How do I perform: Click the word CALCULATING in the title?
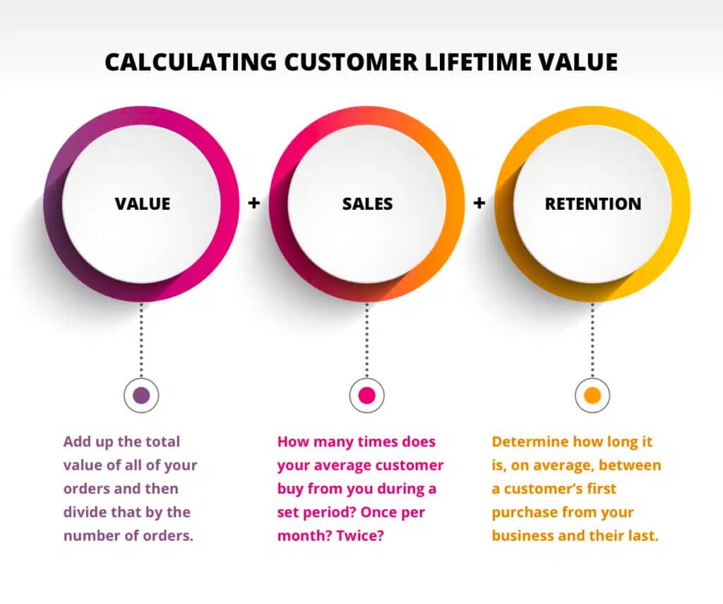191,62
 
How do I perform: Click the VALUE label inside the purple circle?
143,204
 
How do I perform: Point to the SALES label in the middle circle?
367,204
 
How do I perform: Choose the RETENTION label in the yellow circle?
593,204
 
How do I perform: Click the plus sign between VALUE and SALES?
254,203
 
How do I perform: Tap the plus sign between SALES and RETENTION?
479,203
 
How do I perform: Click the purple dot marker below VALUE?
141,396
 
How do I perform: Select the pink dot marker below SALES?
366,396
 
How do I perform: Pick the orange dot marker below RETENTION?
592,396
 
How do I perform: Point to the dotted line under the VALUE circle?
141,340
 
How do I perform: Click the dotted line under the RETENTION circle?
592,340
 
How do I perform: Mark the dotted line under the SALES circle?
366,340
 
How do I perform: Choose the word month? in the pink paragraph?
304,535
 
